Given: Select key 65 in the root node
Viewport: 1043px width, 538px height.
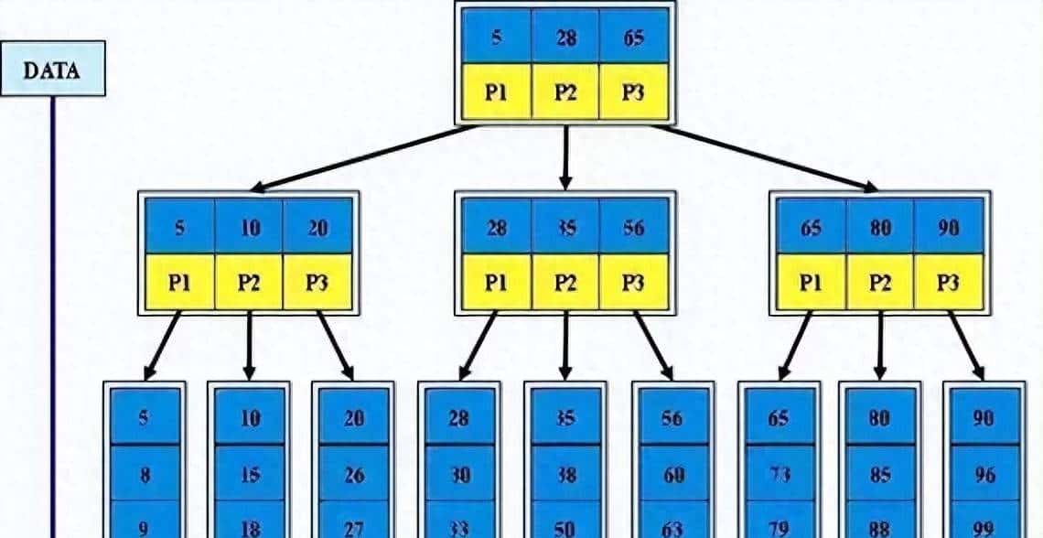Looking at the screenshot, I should (633, 38).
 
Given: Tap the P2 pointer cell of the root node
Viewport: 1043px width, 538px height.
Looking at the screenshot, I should (565, 91).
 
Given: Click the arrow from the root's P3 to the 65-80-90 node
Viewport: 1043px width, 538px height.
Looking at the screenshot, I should (764, 156).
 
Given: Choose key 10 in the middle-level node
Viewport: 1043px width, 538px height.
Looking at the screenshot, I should (250, 227).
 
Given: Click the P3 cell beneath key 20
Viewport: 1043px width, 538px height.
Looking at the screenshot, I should (317, 281).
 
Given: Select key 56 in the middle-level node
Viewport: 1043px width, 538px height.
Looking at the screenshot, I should (633, 227).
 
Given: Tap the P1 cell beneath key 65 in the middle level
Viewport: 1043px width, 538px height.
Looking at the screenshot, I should (811, 281).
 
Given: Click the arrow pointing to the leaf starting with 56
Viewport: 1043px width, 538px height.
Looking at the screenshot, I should (653, 346).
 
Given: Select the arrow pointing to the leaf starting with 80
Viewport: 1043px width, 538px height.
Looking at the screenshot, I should (880, 346).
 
